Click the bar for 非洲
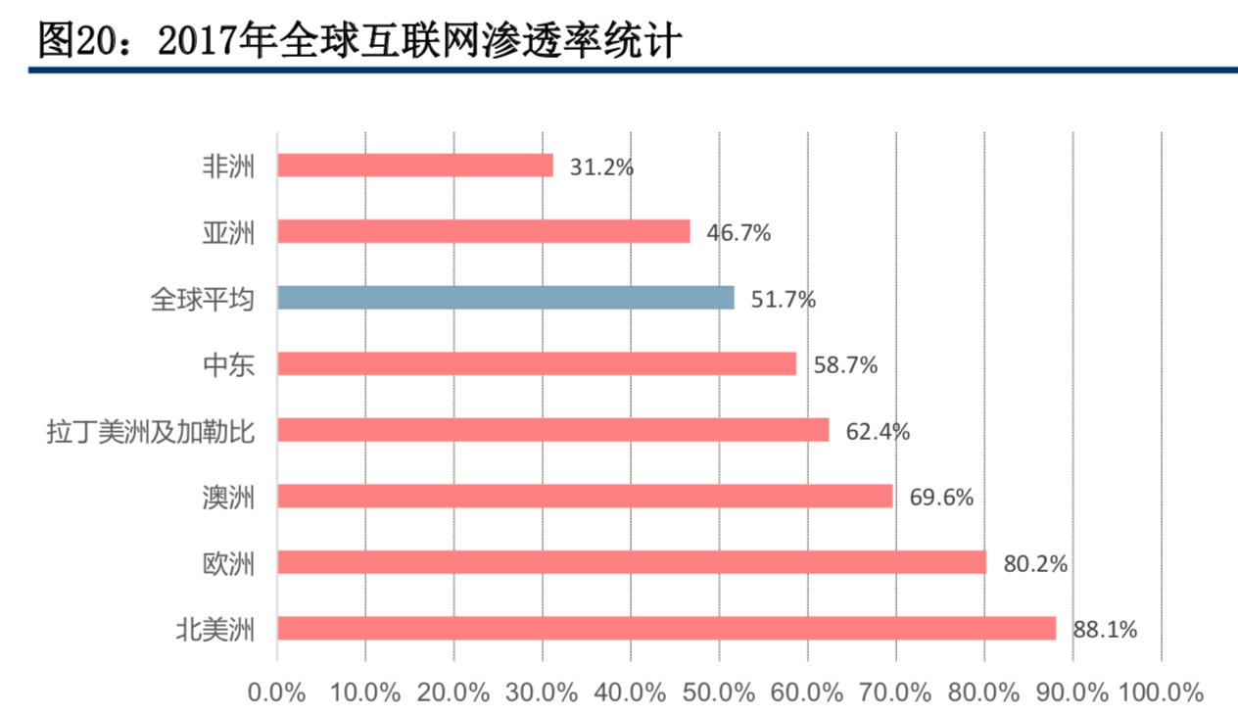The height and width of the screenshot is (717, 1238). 415,166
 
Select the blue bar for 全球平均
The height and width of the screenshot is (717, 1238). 505,298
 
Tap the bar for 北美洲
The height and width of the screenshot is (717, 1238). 666,628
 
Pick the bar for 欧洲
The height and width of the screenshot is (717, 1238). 632,562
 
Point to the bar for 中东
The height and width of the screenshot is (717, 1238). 537,364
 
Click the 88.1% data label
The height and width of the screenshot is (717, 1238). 1105,630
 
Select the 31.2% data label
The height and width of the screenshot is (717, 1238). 601,167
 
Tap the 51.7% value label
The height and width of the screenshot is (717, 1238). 783,300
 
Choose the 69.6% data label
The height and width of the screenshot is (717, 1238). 941,498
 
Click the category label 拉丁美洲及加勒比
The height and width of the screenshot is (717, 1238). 150,431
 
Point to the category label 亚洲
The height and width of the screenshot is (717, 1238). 227,233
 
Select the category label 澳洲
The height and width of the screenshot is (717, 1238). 227,498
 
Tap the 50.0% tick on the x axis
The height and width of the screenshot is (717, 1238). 720,693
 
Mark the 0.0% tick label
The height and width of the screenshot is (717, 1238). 277,693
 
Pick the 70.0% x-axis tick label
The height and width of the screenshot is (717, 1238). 896,693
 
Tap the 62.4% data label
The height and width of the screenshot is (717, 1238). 878,431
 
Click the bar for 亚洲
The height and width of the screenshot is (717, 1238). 484,231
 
